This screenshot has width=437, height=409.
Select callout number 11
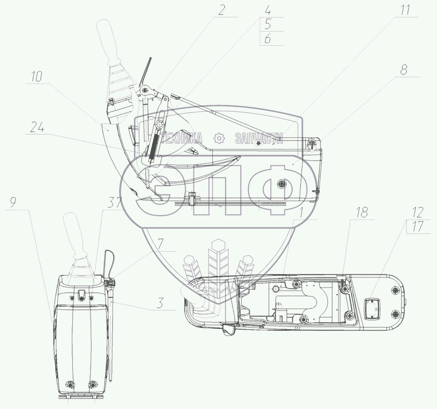(405, 10)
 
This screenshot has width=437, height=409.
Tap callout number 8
(404, 70)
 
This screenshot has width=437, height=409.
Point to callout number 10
(36, 76)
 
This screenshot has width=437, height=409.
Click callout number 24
(37, 127)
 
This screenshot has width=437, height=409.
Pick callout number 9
(13, 202)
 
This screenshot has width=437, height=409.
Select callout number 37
(115, 203)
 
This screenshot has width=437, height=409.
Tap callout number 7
(161, 243)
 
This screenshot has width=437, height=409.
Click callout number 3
(160, 303)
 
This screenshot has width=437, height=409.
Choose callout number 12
(418, 212)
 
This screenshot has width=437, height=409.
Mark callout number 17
(418, 226)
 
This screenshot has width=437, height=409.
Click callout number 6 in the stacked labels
(268, 38)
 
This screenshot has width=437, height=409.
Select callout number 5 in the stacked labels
(268, 24)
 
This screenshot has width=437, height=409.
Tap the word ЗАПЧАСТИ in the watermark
(259, 138)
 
